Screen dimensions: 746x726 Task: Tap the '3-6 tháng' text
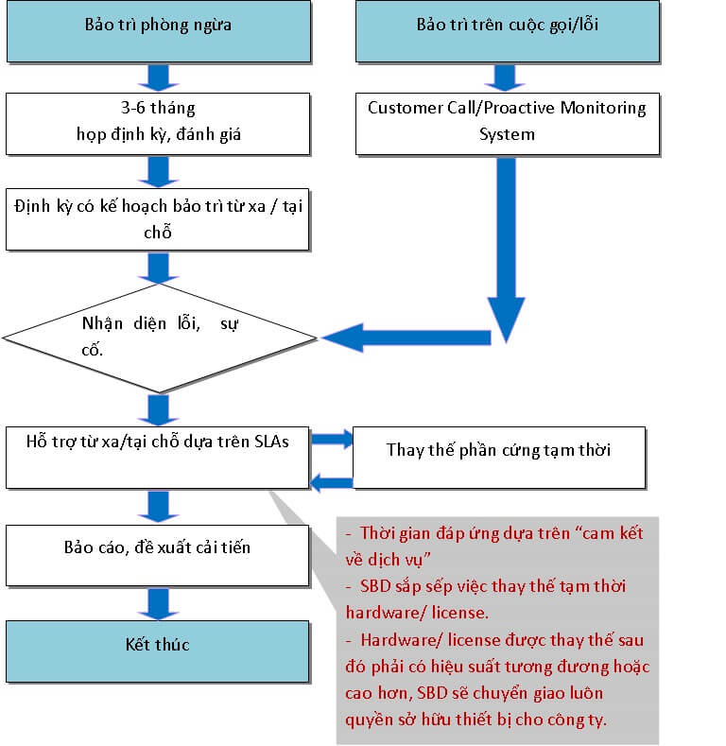click(x=159, y=108)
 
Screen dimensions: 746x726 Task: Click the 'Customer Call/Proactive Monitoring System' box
click(x=507, y=121)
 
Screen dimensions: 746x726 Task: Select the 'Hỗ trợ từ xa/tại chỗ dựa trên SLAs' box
click(x=157, y=458)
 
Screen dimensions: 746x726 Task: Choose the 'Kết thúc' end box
click(x=157, y=651)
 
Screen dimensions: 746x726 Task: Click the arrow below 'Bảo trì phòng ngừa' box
click(x=157, y=77)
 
